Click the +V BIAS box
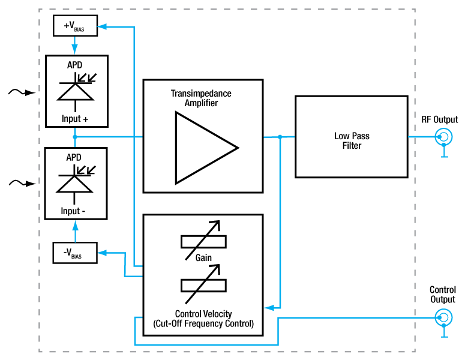click(74, 26)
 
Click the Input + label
click(75, 119)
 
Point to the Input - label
click(75, 211)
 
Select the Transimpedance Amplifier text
click(201, 98)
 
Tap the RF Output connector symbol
click(443, 137)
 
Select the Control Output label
click(443, 295)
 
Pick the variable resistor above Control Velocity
click(203, 283)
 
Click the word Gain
click(203, 258)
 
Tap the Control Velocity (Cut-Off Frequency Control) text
click(203, 318)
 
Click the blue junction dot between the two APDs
click(74, 137)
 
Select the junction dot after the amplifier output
click(280, 137)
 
